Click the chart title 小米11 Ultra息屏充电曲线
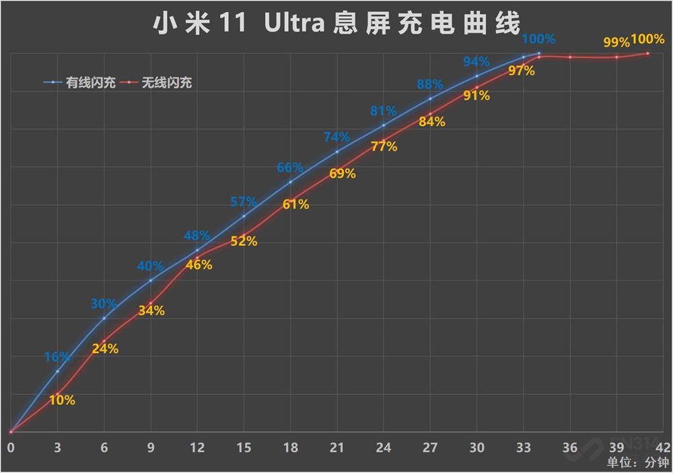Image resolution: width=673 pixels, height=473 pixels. pyautogui.click(x=336, y=24)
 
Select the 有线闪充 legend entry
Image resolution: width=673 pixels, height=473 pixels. pyautogui.click(x=80, y=84)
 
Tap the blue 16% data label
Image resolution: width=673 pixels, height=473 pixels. pyautogui.click(x=57, y=357)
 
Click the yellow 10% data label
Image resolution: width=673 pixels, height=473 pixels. pyautogui.click(x=62, y=400)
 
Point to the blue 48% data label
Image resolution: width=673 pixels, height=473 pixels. pyautogui.click(x=197, y=236)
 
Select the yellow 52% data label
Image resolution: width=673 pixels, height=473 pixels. pyautogui.click(x=244, y=241)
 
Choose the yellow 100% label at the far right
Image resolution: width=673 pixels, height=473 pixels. pyautogui.click(x=647, y=39)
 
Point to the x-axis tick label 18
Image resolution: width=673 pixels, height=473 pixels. pyautogui.click(x=290, y=447)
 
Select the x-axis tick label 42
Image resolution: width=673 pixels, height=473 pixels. pyautogui.click(x=662, y=447)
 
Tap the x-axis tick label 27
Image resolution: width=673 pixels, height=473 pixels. pyautogui.click(x=430, y=447)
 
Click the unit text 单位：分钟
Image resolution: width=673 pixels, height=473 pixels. pyautogui.click(x=637, y=463)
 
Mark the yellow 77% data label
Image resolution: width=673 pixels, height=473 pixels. pyautogui.click(x=384, y=146)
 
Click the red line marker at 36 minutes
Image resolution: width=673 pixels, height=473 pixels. pyautogui.click(x=570, y=57)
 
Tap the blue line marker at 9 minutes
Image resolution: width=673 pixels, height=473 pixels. pyautogui.click(x=150, y=280)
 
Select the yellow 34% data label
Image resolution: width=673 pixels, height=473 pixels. pyautogui.click(x=151, y=311)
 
